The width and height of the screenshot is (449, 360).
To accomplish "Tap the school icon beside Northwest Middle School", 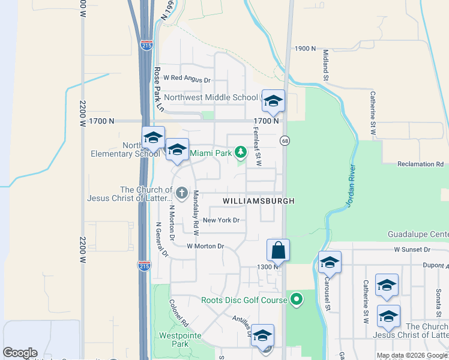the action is (273, 101).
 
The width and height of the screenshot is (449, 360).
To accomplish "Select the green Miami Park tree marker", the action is (240, 152).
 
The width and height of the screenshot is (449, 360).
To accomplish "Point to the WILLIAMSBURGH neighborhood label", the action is (259, 201).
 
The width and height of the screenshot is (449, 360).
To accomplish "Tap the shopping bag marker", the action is (279, 250).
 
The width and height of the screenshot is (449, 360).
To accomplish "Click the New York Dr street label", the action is (221, 220).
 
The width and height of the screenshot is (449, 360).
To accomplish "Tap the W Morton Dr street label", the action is (205, 246).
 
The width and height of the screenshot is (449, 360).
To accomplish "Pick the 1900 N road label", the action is (305, 49).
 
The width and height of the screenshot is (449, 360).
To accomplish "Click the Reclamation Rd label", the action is (420, 164).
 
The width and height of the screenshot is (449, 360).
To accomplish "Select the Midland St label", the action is (326, 65).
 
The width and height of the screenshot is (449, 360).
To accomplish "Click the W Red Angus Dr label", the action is (187, 79).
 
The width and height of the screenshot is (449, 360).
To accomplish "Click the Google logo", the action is (20, 353).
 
